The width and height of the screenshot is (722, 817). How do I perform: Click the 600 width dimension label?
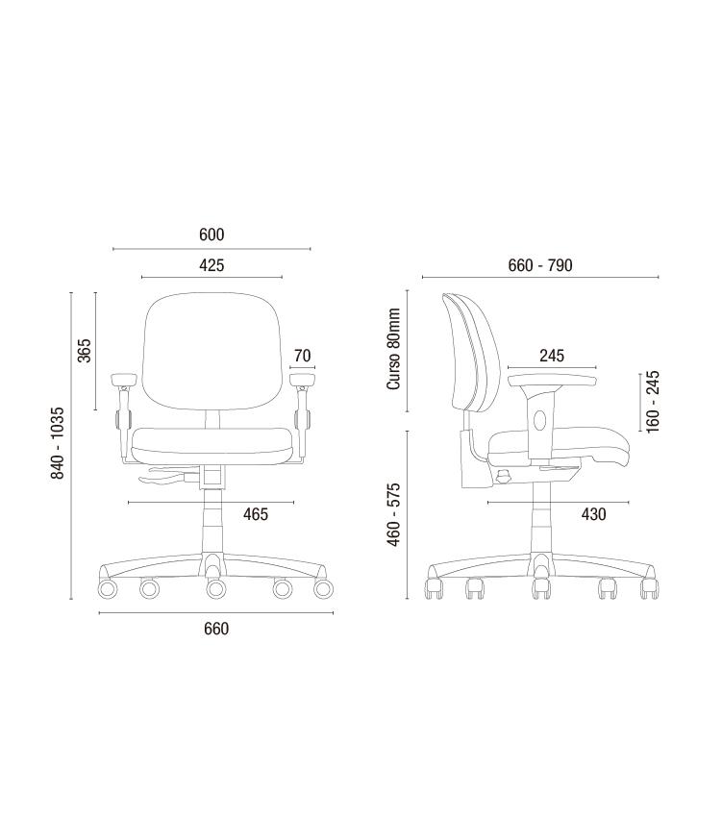click(212, 235)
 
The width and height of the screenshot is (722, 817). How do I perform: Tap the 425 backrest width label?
click(212, 265)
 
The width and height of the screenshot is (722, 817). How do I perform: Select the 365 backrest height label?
click(84, 351)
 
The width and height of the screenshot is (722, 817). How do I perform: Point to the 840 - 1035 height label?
click(57, 443)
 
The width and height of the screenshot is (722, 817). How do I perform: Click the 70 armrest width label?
click(302, 356)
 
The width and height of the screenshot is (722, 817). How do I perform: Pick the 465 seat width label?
click(256, 514)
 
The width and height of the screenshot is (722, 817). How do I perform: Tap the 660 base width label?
click(216, 629)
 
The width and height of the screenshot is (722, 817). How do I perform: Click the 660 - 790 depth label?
click(540, 265)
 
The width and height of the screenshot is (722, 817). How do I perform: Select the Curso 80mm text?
click(393, 349)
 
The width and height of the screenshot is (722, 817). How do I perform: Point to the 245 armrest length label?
click(552, 356)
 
